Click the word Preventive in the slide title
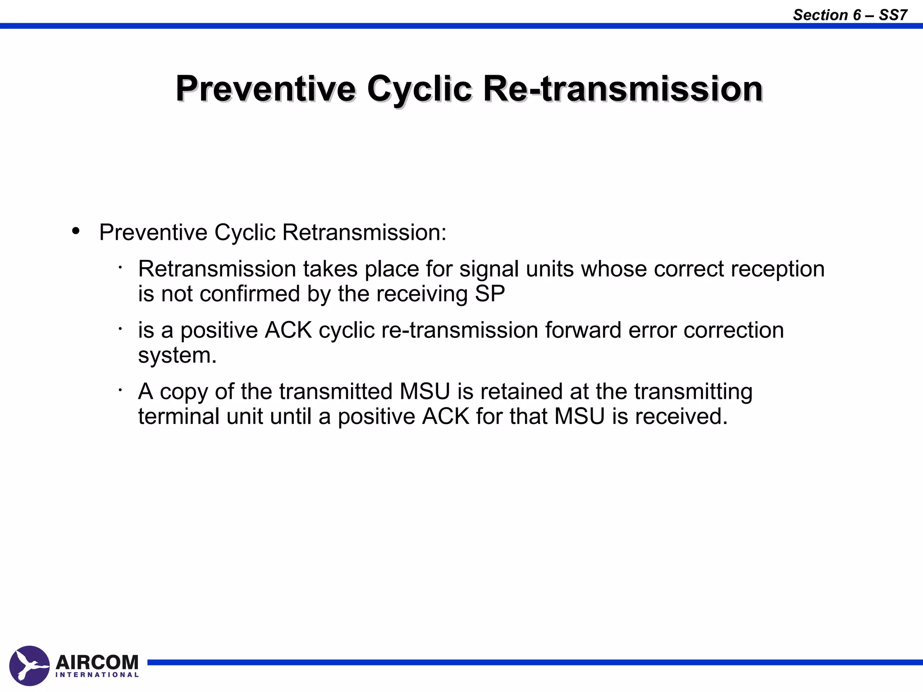tap(266, 89)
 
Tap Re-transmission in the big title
tap(622, 89)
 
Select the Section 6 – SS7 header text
tap(850, 15)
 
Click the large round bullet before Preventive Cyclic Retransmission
tap(76, 231)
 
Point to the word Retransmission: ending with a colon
tap(364, 233)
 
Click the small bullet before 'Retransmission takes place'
tap(120, 269)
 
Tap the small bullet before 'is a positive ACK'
tap(120, 330)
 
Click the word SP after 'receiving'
tap(490, 294)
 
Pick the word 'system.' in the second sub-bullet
tap(177, 355)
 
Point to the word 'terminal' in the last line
tap(178, 416)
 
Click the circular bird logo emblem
tap(29, 665)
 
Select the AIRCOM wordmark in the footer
tap(97, 662)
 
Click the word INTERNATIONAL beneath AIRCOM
tap(97, 675)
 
